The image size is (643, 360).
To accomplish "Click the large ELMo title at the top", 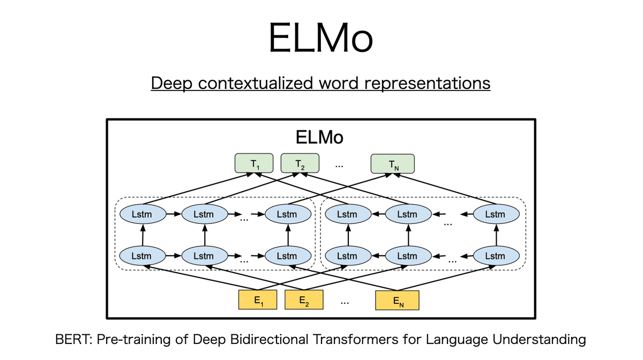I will point(320,38).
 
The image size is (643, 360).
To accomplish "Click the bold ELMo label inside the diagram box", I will point(320,138).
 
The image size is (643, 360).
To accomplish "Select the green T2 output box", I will point(300,163).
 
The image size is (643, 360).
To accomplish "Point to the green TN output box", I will point(393,163).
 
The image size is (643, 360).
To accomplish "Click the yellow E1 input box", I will point(259,301).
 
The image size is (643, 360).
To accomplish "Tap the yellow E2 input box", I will point(304,301).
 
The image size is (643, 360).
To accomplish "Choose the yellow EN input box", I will point(397,301).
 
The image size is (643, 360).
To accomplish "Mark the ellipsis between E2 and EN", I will point(345,302).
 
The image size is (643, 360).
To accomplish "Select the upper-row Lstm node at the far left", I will point(141,215).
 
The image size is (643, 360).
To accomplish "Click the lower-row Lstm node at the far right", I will point(495,256).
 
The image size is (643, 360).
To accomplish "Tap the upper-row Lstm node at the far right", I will point(495,215).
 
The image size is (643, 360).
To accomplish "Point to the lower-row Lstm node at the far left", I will point(141,256).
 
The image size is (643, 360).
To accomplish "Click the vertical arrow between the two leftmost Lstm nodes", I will point(142,236).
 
